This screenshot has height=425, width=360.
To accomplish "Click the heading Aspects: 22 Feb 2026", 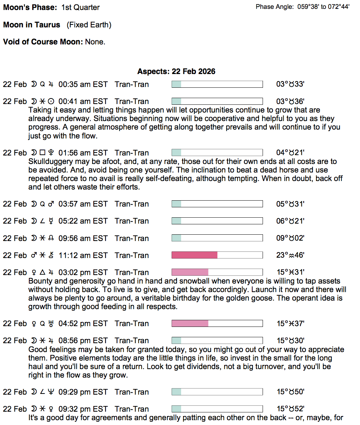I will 176,71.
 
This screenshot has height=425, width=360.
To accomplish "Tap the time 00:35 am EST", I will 83,84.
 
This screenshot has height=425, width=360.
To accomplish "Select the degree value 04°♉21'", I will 290,153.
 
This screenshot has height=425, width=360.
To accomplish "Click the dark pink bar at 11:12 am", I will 194,255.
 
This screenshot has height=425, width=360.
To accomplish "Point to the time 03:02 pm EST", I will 83,272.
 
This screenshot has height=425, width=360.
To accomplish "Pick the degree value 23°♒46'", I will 290,255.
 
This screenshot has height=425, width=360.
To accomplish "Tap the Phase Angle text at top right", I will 302,7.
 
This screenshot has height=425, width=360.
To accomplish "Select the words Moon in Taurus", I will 32,25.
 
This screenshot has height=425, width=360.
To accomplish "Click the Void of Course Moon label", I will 43,42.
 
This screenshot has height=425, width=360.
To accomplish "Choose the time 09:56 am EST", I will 83,238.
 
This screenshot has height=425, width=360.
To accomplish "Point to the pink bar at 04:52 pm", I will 190,324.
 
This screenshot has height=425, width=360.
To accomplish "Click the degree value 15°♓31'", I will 290,272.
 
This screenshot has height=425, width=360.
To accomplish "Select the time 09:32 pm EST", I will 83,409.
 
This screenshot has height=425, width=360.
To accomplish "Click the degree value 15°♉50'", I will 290,392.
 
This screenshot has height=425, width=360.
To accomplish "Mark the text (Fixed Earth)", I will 89,25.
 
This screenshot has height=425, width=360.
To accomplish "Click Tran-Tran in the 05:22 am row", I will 131,221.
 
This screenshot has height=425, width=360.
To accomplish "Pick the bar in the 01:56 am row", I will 217,153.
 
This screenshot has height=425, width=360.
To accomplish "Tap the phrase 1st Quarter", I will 80,7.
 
